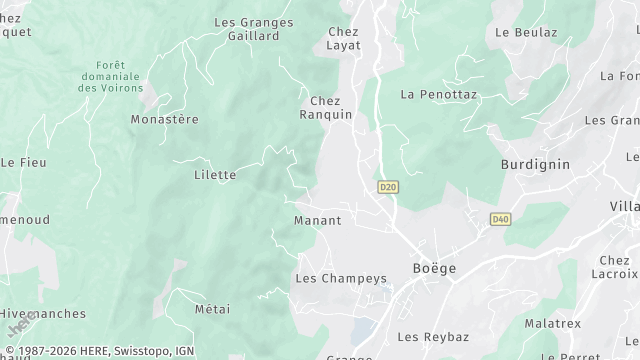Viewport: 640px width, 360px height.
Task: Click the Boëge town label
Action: click(x=434, y=268)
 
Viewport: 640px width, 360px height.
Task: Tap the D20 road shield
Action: click(x=388, y=187)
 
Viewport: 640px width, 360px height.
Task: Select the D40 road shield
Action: click(x=501, y=219)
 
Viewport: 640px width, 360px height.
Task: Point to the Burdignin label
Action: click(x=535, y=163)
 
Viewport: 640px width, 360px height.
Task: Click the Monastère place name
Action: click(x=165, y=119)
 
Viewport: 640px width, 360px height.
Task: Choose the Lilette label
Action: click(x=215, y=175)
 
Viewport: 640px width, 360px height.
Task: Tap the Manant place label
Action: click(x=318, y=220)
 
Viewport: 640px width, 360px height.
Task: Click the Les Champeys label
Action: click(x=341, y=279)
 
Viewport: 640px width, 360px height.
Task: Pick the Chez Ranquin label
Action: click(x=326, y=108)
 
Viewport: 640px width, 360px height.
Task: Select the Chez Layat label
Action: click(x=343, y=38)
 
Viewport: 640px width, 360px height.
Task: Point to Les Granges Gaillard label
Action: click(x=254, y=29)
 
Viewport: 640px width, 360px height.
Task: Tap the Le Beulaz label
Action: click(x=526, y=32)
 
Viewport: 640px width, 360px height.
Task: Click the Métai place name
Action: click(x=213, y=309)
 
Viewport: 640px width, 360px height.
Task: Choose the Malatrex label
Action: click(x=553, y=324)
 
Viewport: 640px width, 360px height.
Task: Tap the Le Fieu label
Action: click(x=23, y=162)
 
